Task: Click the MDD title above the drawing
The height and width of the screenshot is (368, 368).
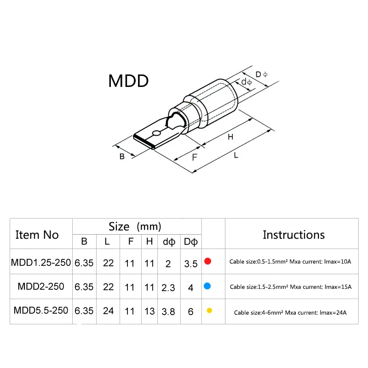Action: point(128,81)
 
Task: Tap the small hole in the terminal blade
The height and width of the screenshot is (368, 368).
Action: point(156,133)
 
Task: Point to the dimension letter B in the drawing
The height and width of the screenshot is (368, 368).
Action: point(122,156)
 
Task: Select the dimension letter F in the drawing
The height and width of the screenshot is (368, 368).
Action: point(195,157)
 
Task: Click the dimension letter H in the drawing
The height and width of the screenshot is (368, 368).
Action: point(230,137)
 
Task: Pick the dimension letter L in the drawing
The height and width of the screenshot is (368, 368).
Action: point(236,155)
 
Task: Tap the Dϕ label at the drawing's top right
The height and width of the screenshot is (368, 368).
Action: point(261,75)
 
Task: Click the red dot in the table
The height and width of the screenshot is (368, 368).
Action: point(208,261)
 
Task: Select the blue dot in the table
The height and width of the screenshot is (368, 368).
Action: point(207,286)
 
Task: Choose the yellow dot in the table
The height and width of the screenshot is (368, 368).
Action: point(209,310)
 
